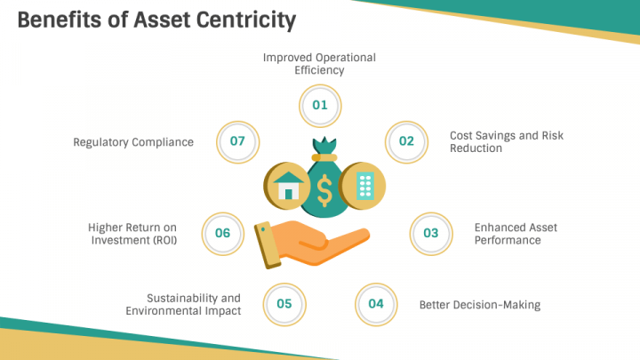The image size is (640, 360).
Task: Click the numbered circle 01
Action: point(320,105)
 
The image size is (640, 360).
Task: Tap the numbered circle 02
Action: point(406,141)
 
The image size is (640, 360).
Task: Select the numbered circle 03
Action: point(430,233)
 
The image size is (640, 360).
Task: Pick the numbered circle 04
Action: point(376,304)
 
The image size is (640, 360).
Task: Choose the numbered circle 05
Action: point(284,304)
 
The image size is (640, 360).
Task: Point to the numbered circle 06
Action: point(222,233)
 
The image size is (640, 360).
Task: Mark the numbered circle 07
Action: point(237,141)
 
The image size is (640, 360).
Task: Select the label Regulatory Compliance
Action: point(133,142)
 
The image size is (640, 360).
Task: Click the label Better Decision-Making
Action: point(479,305)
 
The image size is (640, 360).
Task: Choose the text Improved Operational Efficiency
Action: point(319,63)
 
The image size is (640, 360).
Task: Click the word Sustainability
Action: point(193,298)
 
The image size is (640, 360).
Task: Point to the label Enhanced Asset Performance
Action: point(516,234)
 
